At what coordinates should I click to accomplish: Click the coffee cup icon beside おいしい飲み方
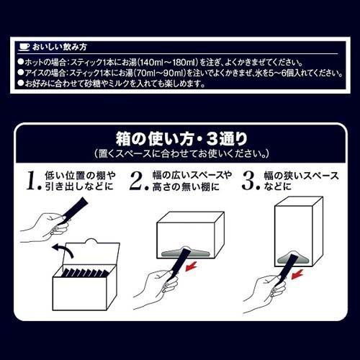(24, 47)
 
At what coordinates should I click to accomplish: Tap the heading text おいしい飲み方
(59, 47)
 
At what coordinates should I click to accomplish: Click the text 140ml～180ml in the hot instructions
(167, 63)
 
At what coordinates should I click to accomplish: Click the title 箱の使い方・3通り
(181, 139)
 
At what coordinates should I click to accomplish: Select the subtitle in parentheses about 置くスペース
(181, 154)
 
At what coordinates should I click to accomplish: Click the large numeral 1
(32, 181)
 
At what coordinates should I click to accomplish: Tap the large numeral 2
(138, 181)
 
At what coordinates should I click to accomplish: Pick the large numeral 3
(250, 181)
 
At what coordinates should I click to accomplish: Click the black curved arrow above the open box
(63, 250)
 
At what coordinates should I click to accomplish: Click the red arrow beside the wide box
(192, 266)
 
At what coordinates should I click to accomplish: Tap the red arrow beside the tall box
(297, 274)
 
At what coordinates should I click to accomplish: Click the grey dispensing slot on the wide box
(185, 252)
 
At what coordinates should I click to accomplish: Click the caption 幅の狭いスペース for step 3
(301, 176)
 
